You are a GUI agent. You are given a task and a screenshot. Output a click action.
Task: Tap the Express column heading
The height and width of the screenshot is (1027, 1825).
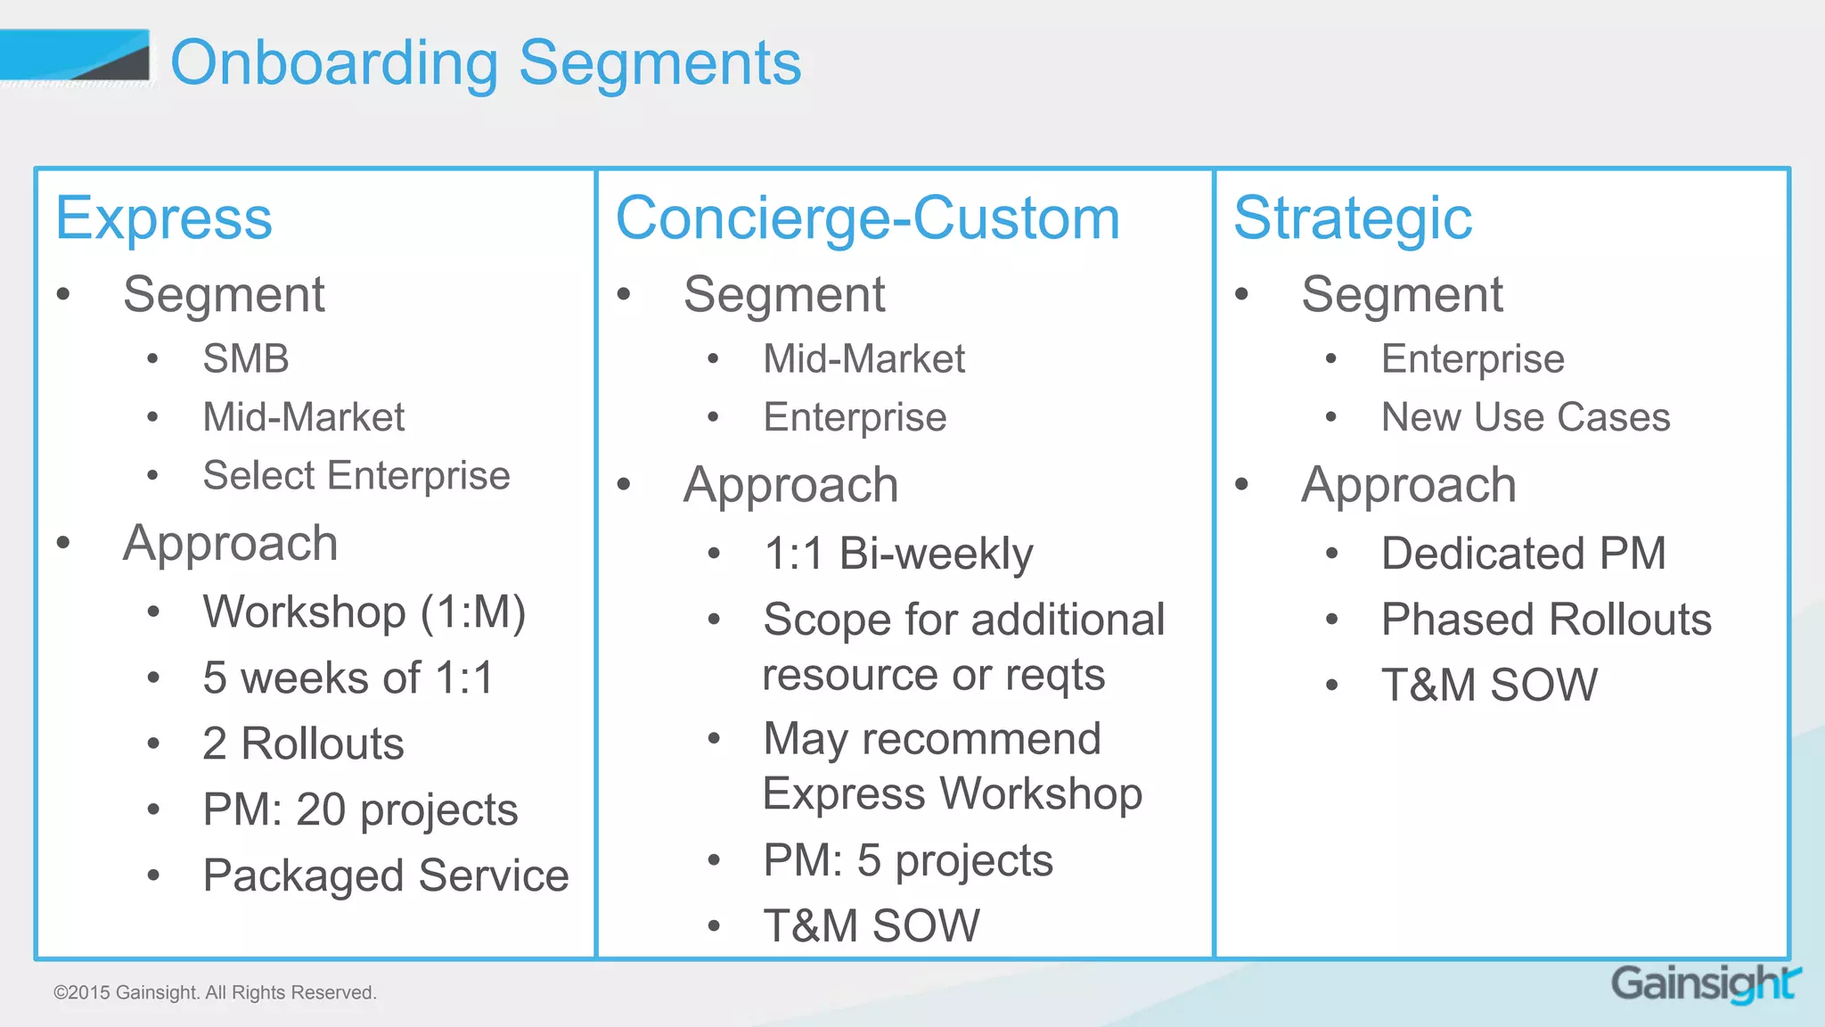[164, 218]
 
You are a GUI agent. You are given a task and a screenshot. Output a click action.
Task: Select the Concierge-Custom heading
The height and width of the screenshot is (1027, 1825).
[867, 218]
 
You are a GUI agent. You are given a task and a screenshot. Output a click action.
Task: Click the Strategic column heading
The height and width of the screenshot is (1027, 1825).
[1352, 218]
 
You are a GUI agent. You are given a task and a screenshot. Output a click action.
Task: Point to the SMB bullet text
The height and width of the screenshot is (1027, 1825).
[246, 359]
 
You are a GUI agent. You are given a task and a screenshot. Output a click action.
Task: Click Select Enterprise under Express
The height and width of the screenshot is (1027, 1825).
[356, 475]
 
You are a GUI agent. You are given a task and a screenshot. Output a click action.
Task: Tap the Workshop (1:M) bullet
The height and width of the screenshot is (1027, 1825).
[364, 612]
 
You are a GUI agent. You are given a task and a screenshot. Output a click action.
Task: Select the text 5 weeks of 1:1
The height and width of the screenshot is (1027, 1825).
[348, 678]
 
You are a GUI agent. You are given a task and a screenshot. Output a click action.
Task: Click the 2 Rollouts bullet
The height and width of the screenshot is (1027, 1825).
[303, 744]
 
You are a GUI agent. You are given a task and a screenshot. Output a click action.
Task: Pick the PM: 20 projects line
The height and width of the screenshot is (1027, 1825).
[360, 810]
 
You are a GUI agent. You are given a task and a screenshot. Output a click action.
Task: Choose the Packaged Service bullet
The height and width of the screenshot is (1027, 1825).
[385, 875]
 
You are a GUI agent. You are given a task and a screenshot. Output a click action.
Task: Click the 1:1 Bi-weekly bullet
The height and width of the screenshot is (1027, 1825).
[898, 554]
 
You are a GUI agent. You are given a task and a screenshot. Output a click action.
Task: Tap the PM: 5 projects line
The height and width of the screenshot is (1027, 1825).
[908, 861]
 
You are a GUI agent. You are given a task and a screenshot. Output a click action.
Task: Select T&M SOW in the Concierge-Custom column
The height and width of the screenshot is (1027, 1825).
[872, 925]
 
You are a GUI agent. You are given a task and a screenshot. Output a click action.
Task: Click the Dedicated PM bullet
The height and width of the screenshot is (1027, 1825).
[1523, 554]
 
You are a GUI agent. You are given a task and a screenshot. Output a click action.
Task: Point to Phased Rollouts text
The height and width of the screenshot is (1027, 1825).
[1546, 620]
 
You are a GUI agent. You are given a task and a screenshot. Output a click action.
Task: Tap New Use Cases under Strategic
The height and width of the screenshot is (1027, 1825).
[1526, 417]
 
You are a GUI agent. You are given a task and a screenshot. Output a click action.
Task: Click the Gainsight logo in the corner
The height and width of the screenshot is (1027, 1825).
[1704, 984]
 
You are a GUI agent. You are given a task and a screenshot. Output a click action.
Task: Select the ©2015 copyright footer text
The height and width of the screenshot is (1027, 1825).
[215, 992]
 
